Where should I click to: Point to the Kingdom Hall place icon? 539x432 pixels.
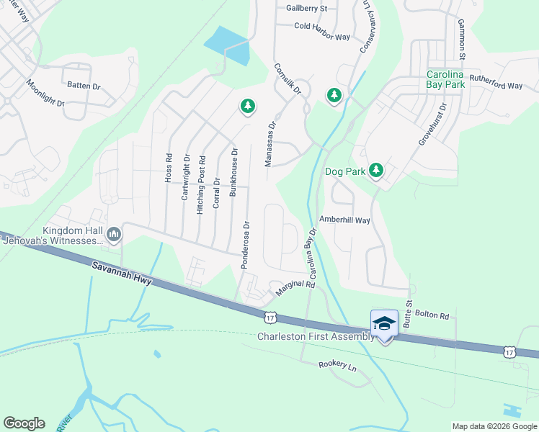(x=114, y=233)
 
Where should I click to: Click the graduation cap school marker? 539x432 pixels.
(x=384, y=323)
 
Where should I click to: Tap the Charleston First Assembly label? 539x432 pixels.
(x=316, y=336)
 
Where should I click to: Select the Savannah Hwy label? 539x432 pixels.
(x=122, y=274)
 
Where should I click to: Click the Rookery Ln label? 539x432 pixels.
(x=337, y=366)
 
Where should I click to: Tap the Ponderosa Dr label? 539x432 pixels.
(x=246, y=245)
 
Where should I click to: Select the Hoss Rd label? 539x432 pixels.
(x=169, y=167)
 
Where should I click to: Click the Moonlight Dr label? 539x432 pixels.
(x=46, y=93)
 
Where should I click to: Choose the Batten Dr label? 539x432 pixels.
(x=84, y=86)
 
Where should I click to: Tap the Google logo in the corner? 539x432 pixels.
(x=24, y=423)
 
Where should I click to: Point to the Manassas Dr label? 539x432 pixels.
(x=270, y=144)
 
